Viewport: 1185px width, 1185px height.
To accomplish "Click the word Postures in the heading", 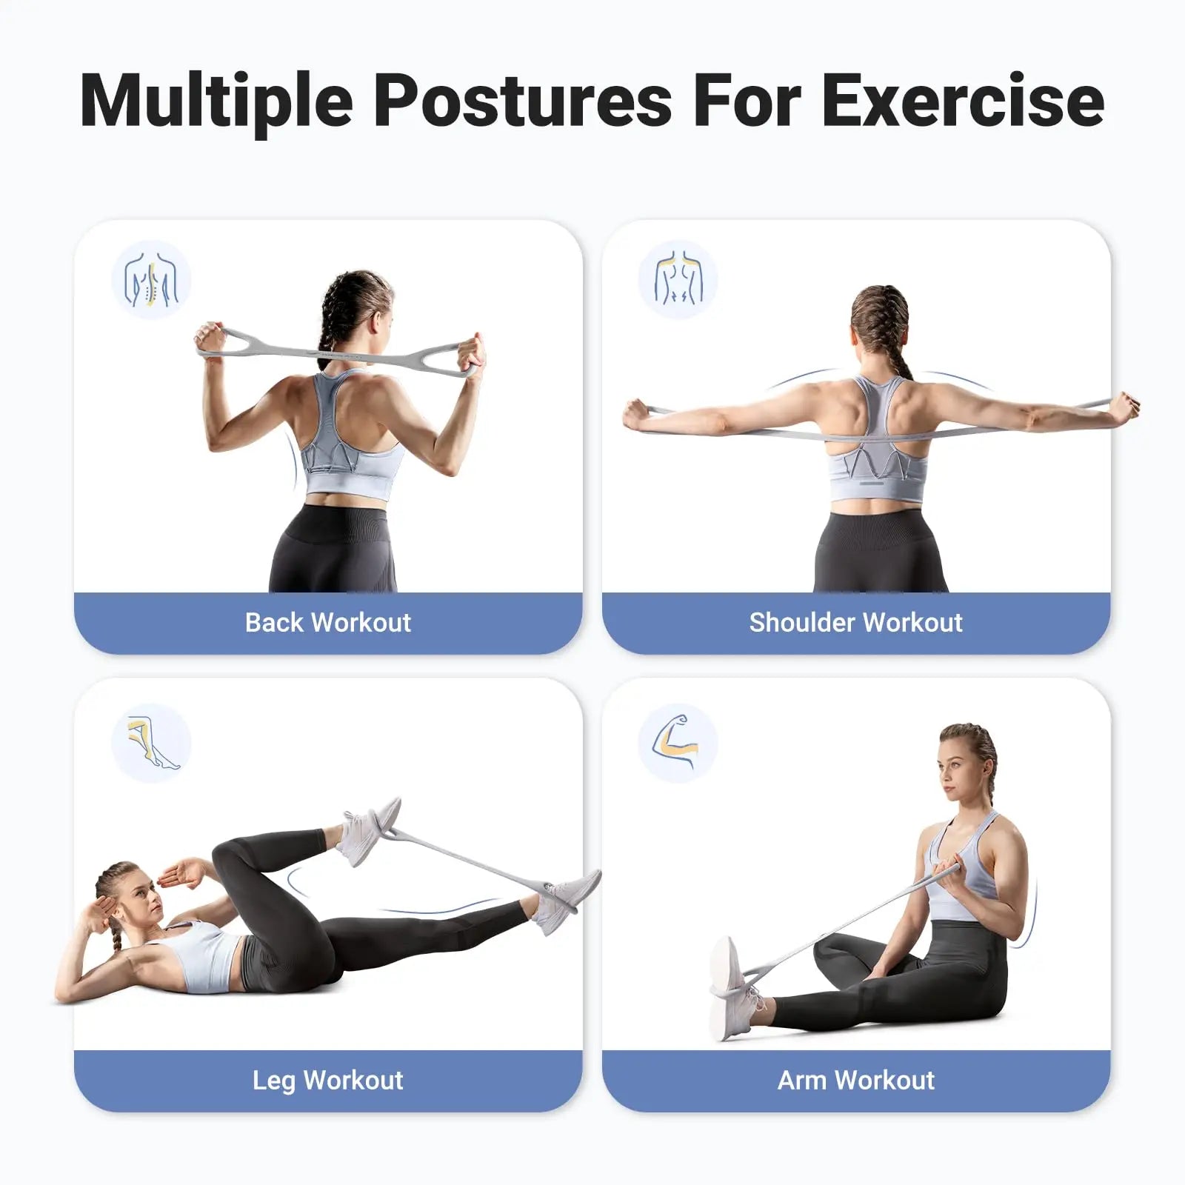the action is [x=522, y=100].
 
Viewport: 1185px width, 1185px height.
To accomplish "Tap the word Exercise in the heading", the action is [x=963, y=100].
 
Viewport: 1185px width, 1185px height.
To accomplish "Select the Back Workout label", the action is [x=328, y=622].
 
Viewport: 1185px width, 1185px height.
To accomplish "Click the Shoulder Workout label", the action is [x=855, y=622].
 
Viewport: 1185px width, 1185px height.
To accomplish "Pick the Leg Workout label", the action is [x=328, y=1081].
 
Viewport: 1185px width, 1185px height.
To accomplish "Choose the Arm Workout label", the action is [x=855, y=1080].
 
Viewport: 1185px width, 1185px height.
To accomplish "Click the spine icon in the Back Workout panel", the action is [x=151, y=280].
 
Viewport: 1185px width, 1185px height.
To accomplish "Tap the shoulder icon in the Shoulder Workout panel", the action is [x=678, y=280].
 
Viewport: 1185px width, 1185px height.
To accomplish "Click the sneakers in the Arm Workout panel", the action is [x=733, y=989].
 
